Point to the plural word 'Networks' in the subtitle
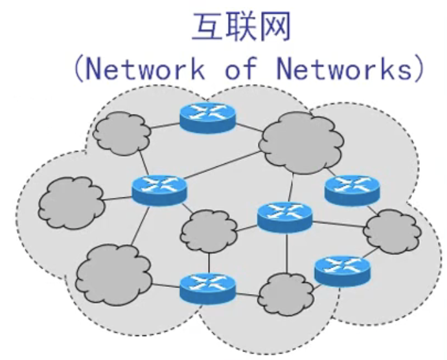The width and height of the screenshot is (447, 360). point(344,69)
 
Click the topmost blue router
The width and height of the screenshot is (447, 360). point(208,117)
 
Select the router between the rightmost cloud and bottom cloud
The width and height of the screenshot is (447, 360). point(342,269)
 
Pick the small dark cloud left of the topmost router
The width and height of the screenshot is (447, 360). point(121,133)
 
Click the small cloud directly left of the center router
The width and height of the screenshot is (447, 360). point(209,231)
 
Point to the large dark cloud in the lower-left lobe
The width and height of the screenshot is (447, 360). point(114,275)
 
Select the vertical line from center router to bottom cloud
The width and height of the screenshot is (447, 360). point(286,253)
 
